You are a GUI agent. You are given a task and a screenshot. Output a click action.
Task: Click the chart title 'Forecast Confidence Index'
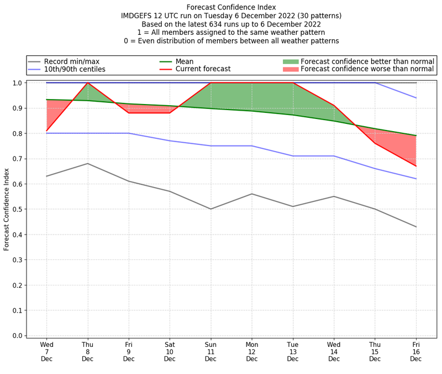[231, 7]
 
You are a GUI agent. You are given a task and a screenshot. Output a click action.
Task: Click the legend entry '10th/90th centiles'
[75, 70]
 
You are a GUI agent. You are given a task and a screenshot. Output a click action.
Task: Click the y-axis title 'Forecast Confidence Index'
[7, 209]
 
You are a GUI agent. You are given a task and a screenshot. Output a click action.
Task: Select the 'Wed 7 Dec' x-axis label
[46, 351]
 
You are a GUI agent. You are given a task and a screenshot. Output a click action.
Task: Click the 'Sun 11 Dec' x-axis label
[211, 351]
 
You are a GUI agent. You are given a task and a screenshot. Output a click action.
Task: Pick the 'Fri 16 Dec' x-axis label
[416, 351]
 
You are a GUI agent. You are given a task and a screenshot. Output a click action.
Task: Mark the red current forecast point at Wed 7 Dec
[46, 131]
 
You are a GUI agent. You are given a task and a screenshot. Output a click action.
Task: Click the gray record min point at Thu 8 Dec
[87, 164]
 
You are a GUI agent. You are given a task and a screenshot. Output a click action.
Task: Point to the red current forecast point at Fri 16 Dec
[416, 166]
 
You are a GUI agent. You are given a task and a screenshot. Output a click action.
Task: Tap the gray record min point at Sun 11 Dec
[211, 209]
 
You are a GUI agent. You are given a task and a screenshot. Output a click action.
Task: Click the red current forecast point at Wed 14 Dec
[334, 106]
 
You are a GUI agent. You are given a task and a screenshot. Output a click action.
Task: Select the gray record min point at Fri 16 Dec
[416, 227]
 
